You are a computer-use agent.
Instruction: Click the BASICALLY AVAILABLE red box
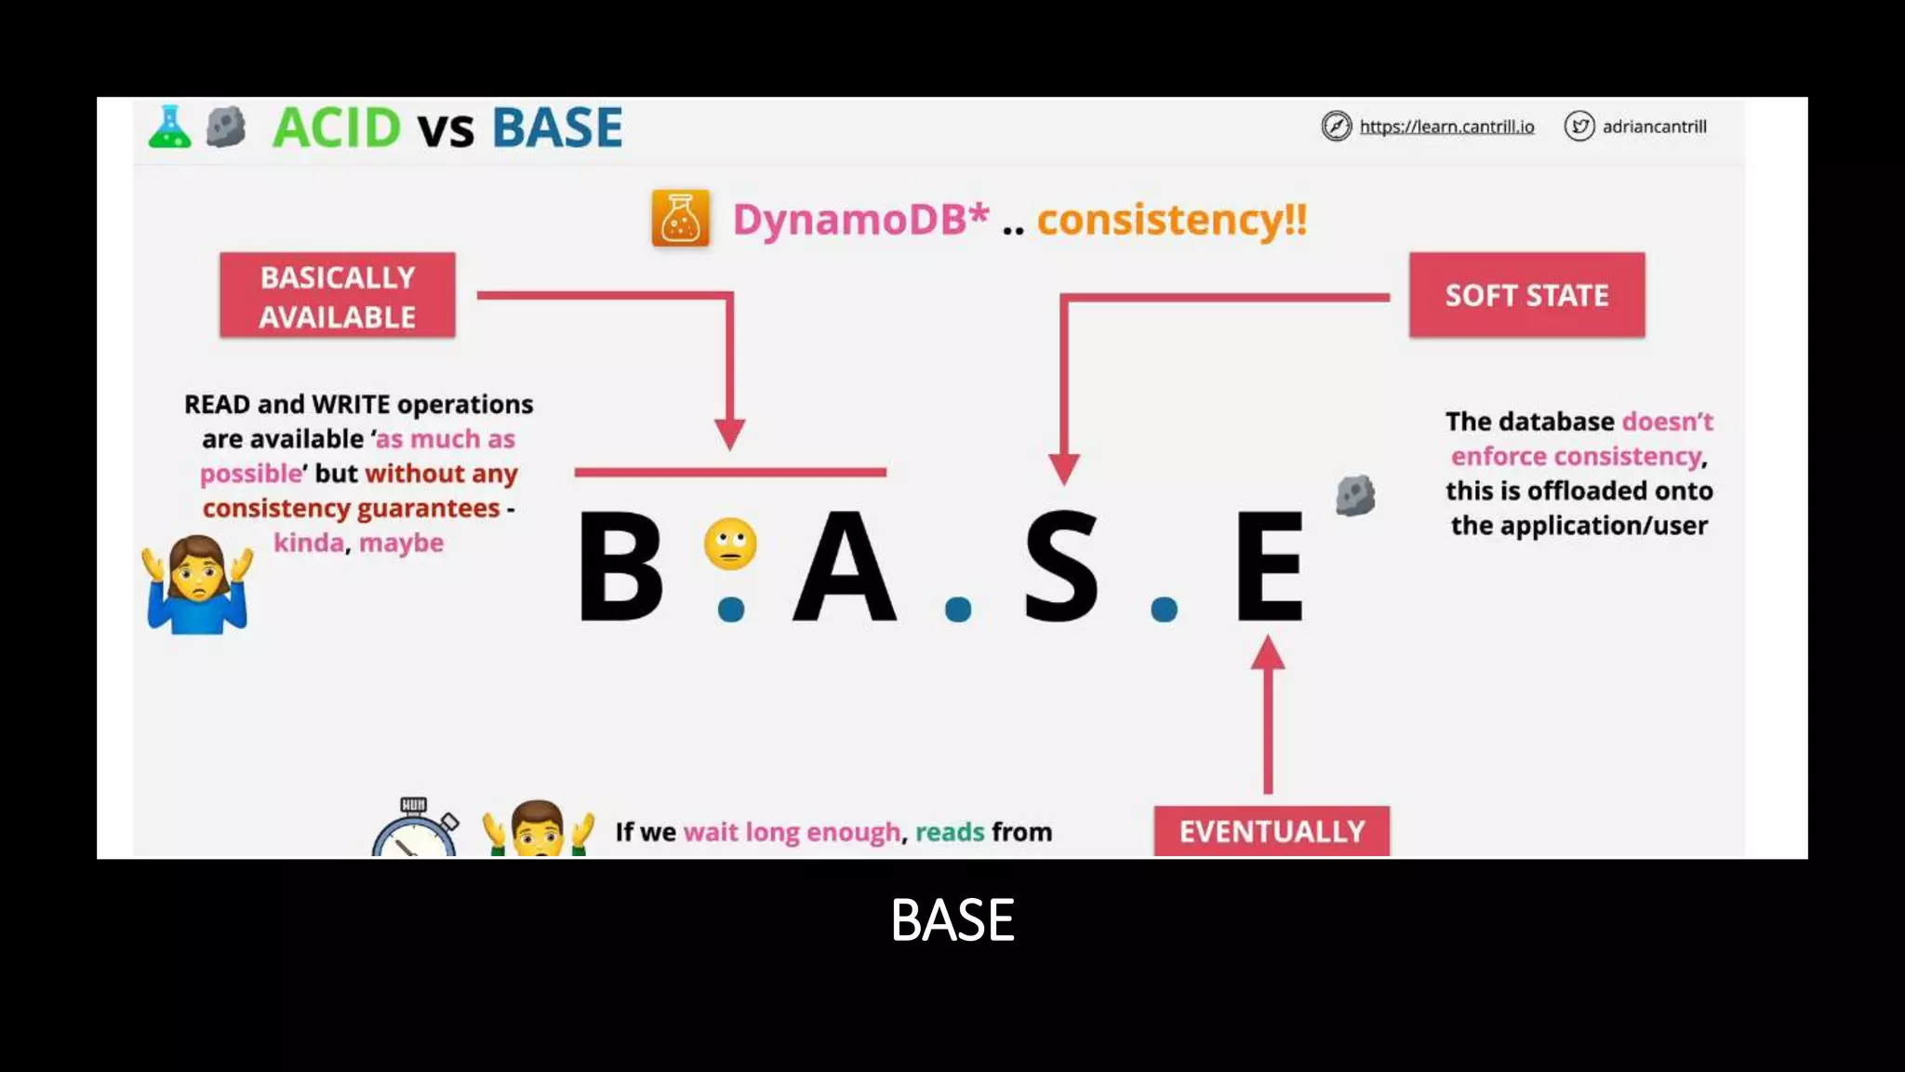(338, 296)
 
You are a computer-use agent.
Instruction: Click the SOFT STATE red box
(1526, 295)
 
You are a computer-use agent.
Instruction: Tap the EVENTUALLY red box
(1272, 831)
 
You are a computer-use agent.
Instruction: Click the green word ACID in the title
(337, 127)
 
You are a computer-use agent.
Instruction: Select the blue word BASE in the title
(556, 127)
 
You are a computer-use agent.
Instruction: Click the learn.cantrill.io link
(1446, 127)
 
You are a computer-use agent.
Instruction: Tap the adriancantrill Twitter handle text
(1654, 127)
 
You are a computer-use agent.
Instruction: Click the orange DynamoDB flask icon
(680, 219)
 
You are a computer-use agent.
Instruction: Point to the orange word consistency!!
(1172, 221)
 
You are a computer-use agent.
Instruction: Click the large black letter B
(620, 567)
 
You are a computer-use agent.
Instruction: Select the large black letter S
(1060, 567)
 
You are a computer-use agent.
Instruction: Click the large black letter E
(1269, 567)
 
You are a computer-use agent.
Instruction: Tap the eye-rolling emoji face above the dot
(730, 543)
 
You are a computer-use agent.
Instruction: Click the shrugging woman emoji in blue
(197, 585)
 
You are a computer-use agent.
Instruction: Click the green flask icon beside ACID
(169, 127)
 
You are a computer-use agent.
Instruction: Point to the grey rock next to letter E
(1355, 495)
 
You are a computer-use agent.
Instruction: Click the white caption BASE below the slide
(952, 920)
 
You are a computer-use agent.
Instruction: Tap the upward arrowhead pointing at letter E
(1268, 652)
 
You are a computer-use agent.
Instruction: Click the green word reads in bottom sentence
(949, 832)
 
